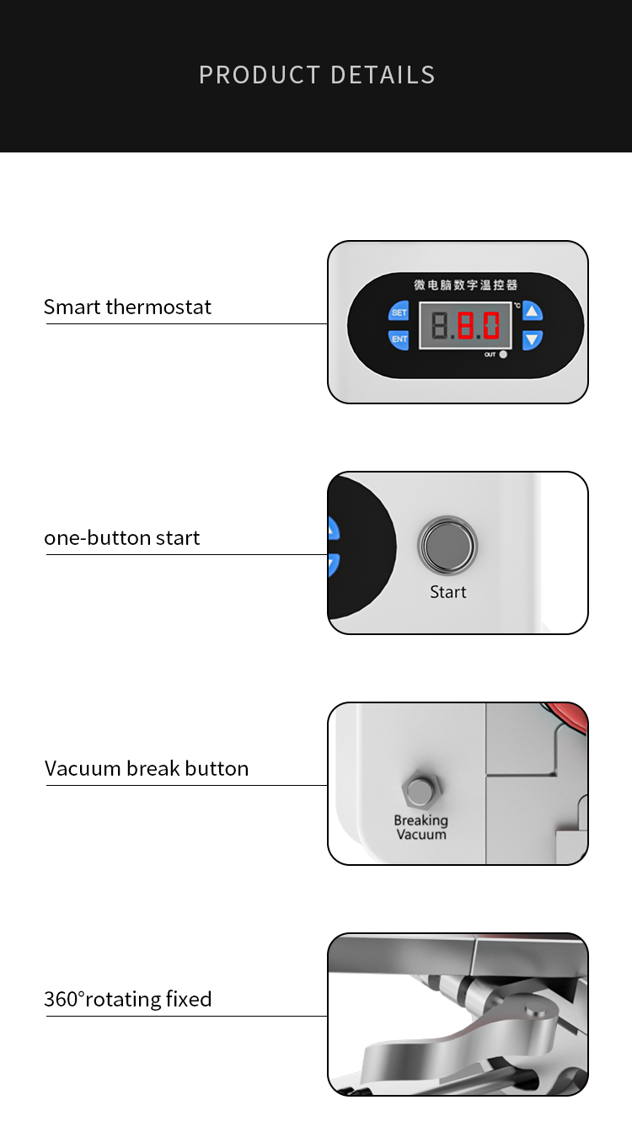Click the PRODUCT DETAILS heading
pos(317,75)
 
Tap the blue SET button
pos(399,312)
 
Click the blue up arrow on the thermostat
pos(532,312)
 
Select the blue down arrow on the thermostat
pos(532,339)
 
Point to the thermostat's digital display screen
pos(465,325)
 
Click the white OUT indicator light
pos(503,355)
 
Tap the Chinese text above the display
pos(466,285)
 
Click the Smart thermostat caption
pos(127,307)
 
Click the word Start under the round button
pos(448,592)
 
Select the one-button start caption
pos(122,537)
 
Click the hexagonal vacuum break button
pos(421,790)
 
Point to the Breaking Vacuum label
pos(421,827)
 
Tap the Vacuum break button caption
pos(147,768)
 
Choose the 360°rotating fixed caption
pos(128,999)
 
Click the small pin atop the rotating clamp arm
pos(535,1010)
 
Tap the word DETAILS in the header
pos(383,75)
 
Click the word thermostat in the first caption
pos(158,307)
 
